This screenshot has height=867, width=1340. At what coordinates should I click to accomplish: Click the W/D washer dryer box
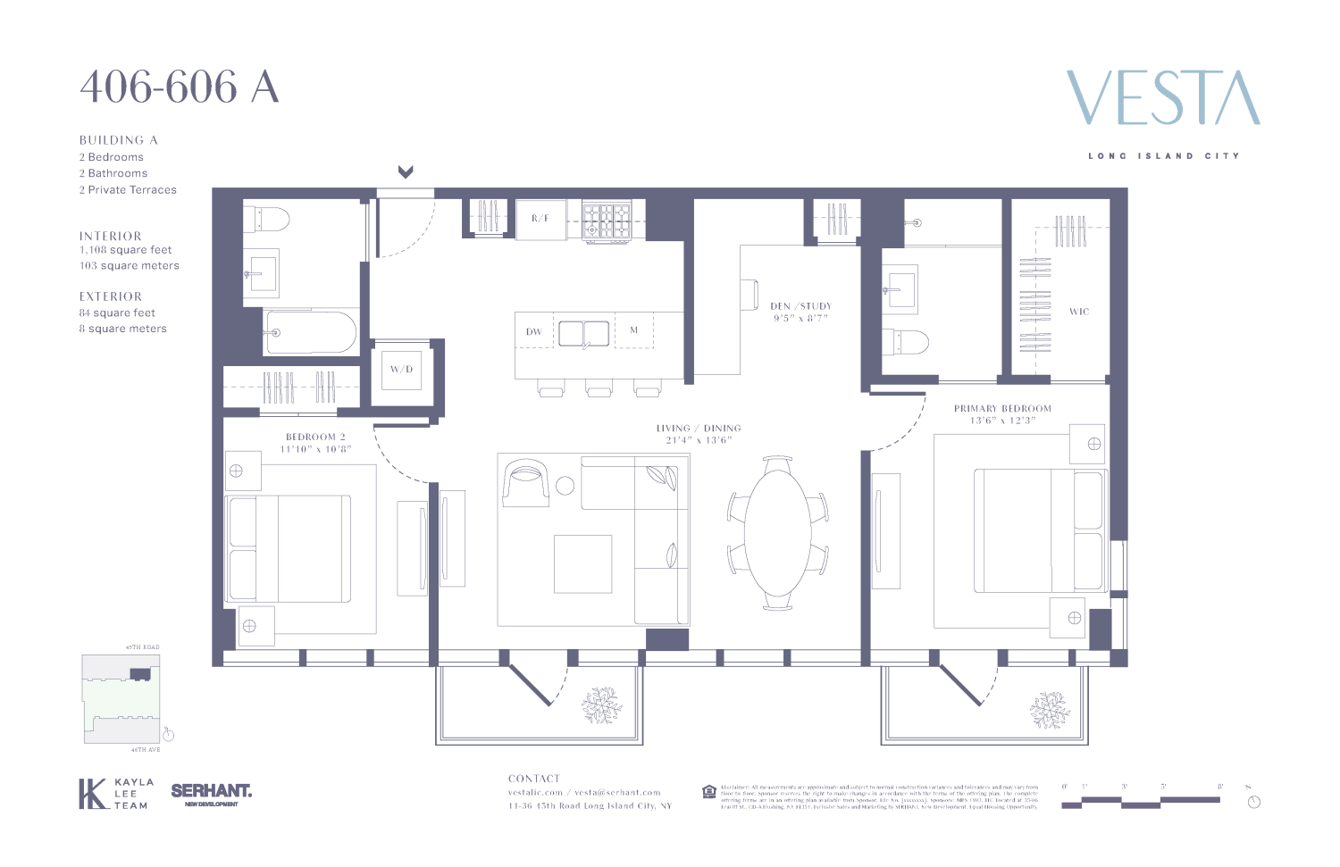401,369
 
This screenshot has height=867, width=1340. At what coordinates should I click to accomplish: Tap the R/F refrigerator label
540,219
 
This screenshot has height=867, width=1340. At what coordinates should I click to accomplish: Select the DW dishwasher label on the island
533,332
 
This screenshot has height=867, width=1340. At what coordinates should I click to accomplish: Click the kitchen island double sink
584,333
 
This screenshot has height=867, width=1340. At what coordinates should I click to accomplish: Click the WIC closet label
1079,312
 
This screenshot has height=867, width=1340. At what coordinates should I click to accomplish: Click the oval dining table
777,533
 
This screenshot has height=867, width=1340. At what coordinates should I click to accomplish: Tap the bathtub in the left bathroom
310,332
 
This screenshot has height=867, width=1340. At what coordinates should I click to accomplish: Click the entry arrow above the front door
406,171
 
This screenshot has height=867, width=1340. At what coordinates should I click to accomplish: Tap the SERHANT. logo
211,791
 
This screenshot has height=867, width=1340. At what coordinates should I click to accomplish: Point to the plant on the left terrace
602,705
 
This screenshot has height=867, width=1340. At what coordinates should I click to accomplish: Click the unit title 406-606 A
180,88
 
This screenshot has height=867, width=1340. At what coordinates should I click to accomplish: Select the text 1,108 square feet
126,250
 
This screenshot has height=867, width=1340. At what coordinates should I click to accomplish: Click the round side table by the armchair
565,486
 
